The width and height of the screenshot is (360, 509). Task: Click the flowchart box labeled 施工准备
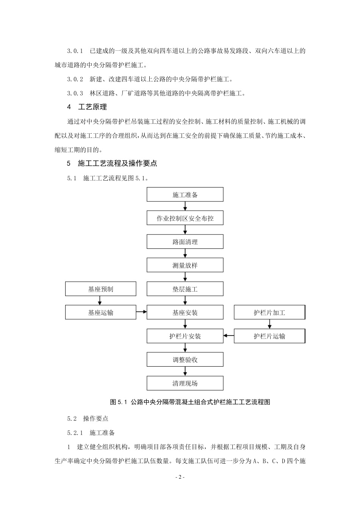[x=185, y=195]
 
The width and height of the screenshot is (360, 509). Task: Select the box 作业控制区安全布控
[x=185, y=218]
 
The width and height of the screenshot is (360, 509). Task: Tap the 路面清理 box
[x=185, y=242]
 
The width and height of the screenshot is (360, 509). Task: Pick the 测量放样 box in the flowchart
[x=185, y=265]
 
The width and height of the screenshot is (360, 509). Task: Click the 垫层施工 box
[x=185, y=289]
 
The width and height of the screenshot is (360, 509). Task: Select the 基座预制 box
[x=100, y=289]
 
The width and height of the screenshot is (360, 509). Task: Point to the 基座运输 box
[x=100, y=312]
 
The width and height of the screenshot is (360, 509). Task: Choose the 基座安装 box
[x=185, y=312]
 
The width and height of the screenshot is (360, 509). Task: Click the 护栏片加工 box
[x=269, y=312]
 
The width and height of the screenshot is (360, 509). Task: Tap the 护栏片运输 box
[x=269, y=336]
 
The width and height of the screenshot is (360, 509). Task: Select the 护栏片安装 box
[x=185, y=336]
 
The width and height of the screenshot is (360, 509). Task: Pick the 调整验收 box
[x=185, y=359]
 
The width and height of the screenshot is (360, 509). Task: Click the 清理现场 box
[x=185, y=383]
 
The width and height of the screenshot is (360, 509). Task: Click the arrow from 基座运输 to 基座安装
[x=141, y=312]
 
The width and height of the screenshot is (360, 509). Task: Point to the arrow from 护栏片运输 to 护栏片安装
[x=229, y=336]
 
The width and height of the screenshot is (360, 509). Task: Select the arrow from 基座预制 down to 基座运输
[x=100, y=301]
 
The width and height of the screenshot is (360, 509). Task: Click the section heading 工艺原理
[x=92, y=107]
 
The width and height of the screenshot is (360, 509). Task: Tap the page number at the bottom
[x=180, y=477]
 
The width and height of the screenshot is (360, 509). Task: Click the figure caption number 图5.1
[x=117, y=402]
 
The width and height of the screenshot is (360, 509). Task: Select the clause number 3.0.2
[x=75, y=79]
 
